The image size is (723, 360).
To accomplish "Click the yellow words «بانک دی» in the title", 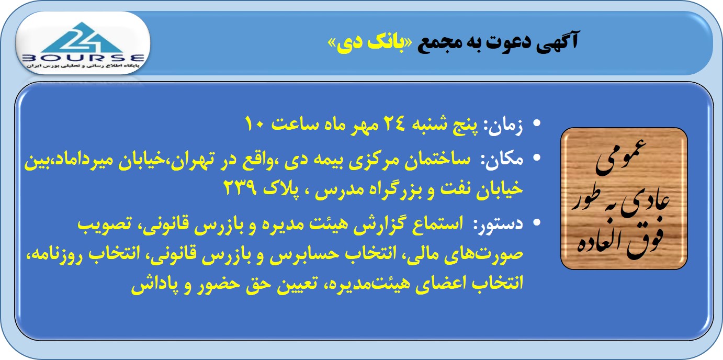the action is (370, 43).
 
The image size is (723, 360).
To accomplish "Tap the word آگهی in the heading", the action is (557, 42).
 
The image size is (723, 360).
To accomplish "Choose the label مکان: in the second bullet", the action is (502, 160).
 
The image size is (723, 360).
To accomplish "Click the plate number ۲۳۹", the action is (241, 188).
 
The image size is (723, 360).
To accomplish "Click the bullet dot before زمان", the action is (536, 123).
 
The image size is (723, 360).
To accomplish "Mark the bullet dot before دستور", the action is (536, 222).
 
